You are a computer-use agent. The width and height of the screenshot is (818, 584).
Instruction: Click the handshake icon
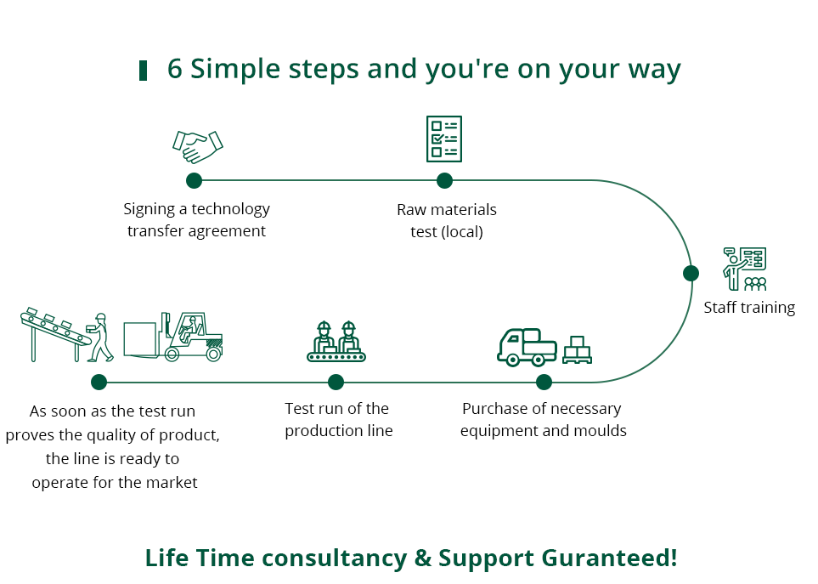point(198,147)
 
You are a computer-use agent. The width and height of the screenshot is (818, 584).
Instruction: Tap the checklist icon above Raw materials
point(444,139)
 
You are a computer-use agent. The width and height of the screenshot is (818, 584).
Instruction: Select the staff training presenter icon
point(744,269)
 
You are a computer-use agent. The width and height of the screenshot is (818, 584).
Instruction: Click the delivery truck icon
point(527,347)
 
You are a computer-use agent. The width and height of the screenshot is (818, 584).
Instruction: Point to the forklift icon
point(174,337)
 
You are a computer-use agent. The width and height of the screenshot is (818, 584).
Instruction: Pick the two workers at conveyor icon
point(336,342)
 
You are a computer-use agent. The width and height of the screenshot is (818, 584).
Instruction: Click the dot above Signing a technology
point(194,180)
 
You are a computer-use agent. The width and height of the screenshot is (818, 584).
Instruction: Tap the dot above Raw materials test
point(444,180)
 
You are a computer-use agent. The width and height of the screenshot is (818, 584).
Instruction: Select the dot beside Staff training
point(691,273)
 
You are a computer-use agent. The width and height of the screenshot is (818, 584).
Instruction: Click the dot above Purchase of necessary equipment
point(544,382)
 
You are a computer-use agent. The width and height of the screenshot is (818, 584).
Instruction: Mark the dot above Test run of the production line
point(336,382)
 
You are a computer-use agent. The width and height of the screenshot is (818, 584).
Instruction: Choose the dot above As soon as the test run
point(99,382)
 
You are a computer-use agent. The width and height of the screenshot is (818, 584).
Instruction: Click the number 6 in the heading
point(175,69)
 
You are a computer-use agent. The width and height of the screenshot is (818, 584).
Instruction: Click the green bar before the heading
point(143,71)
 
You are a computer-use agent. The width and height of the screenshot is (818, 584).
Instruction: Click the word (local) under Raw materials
point(462,232)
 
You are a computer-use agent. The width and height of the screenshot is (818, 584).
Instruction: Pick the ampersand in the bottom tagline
point(422,558)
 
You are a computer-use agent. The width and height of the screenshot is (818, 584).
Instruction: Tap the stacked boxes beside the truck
point(577,349)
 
